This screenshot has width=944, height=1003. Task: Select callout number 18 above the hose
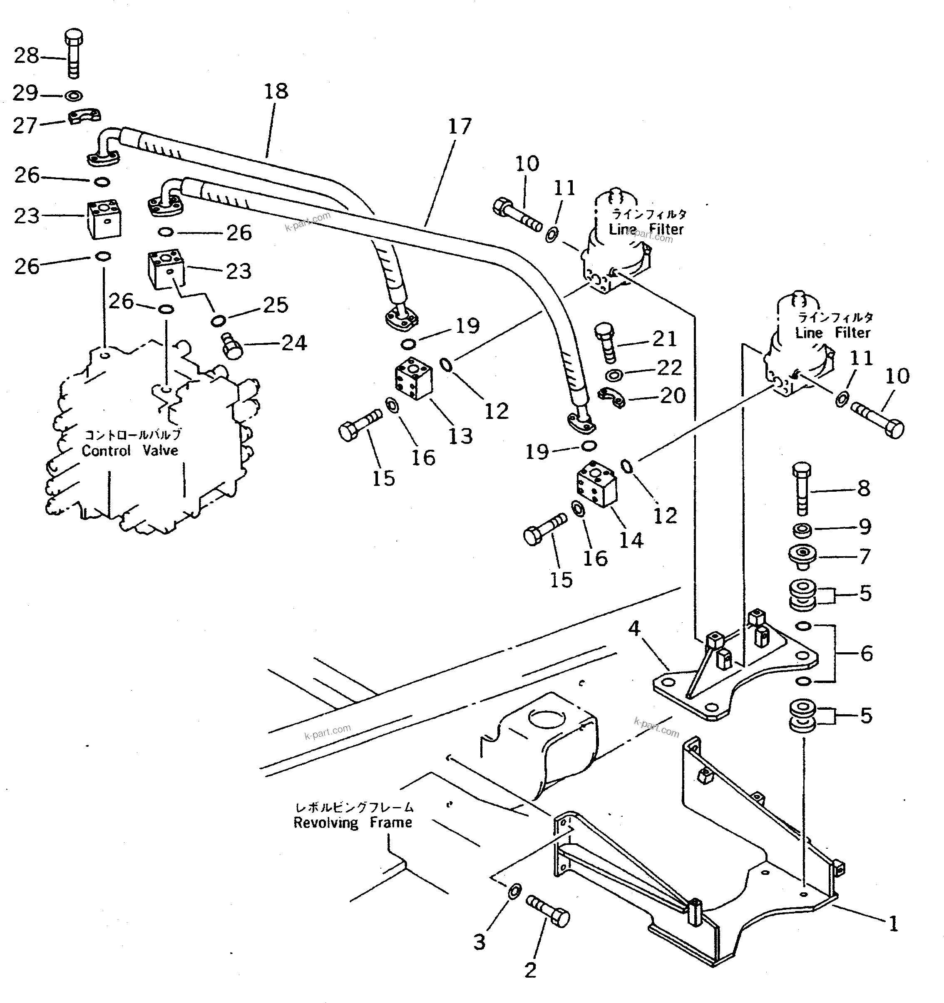[x=276, y=92]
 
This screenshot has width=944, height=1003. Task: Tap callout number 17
[x=460, y=126]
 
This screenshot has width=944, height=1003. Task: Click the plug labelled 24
[x=232, y=346]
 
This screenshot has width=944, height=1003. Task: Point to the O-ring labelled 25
[x=218, y=320]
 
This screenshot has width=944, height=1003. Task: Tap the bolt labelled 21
[x=606, y=343]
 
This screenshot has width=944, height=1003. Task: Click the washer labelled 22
[x=614, y=375]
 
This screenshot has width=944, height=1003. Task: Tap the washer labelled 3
[x=513, y=892]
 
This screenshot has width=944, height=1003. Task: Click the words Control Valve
[x=130, y=451]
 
